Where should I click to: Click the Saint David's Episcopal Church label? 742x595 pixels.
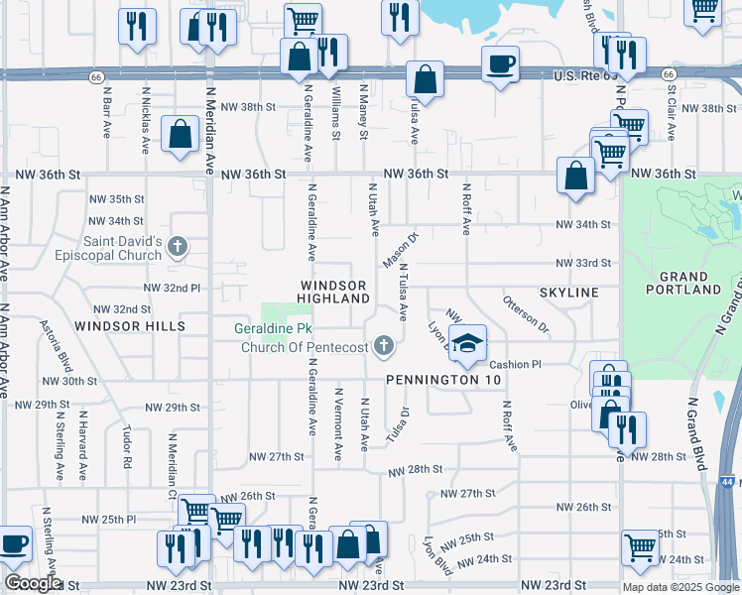pyautogui.click(x=109, y=247)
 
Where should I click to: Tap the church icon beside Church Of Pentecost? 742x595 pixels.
pyautogui.click(x=384, y=346)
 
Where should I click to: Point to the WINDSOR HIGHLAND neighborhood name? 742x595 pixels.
pyautogui.click(x=333, y=293)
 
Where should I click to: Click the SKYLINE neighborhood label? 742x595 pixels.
pyautogui.click(x=569, y=293)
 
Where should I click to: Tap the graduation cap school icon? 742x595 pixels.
pyautogui.click(x=464, y=343)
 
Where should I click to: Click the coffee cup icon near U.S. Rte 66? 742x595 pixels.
pyautogui.click(x=500, y=63)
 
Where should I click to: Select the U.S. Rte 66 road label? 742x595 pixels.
pyautogui.click(x=586, y=75)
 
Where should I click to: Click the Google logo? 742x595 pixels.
pyautogui.click(x=32, y=583)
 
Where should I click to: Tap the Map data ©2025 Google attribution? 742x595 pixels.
pyautogui.click(x=680, y=587)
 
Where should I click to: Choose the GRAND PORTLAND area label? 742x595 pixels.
pyautogui.click(x=683, y=283)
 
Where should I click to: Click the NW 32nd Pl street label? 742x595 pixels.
pyautogui.click(x=173, y=287)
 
